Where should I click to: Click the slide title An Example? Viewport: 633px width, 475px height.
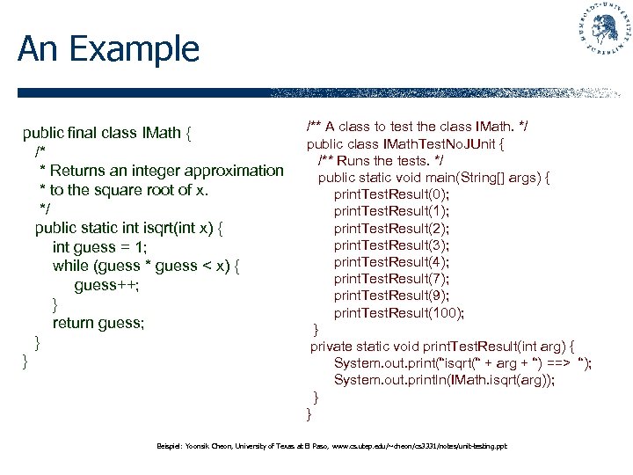click(108, 48)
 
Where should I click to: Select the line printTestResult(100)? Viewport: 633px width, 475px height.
click(399, 312)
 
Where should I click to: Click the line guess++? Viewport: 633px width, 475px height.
click(107, 285)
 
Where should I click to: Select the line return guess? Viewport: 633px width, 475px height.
click(98, 323)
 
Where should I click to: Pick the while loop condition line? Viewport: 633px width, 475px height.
click(146, 266)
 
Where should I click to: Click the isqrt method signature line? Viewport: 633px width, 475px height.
click(128, 228)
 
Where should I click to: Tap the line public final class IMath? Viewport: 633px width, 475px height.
click(107, 134)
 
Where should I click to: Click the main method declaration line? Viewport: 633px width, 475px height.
click(433, 178)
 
